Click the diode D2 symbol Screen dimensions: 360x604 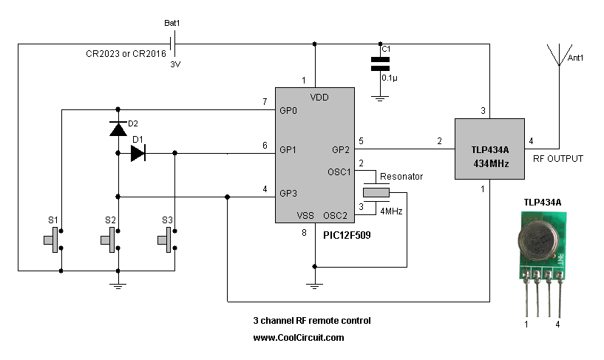click(x=118, y=129)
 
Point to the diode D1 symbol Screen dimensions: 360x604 click(x=138, y=153)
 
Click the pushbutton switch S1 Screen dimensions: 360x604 click(x=55, y=241)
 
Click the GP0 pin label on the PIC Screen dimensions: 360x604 click(x=288, y=111)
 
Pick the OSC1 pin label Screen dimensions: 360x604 click(x=339, y=171)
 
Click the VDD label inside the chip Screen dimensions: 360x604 click(x=319, y=97)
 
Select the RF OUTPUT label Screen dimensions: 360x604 click(x=557, y=158)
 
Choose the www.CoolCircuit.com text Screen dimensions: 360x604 click(x=299, y=337)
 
